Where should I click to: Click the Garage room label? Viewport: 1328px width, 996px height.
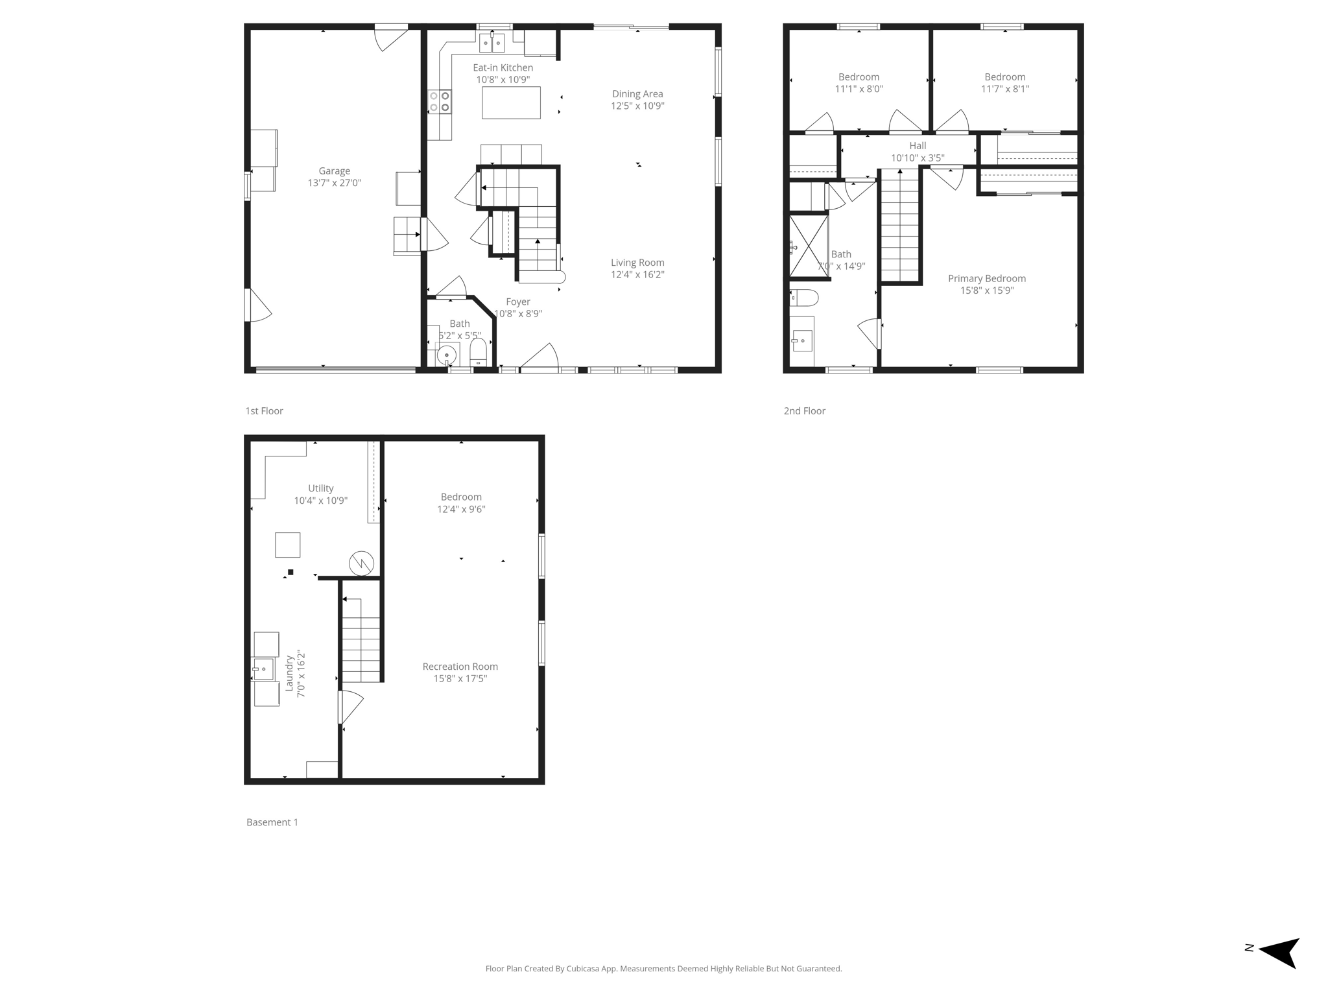point(334,171)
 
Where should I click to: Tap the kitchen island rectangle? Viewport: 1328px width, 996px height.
point(511,102)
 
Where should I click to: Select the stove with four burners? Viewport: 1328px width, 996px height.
point(440,102)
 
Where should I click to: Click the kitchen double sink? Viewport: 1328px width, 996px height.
point(492,43)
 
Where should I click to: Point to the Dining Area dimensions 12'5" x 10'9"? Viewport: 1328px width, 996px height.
point(637,106)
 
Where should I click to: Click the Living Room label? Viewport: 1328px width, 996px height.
point(637,263)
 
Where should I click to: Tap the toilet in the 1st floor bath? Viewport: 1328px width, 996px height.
point(478,353)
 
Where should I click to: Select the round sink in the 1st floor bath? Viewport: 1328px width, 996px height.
point(447,355)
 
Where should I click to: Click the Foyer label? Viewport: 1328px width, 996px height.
point(517,302)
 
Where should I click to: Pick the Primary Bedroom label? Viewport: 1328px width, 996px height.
point(986,279)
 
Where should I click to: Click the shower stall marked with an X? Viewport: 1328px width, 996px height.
point(809,246)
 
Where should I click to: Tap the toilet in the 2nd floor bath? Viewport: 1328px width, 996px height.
point(804,298)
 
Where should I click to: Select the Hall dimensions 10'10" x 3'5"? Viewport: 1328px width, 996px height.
point(917,158)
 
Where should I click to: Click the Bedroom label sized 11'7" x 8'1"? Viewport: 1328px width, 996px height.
point(1004,77)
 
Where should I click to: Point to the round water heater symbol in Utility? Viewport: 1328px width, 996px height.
point(361,563)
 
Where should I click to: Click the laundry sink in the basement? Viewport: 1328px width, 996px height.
point(263,669)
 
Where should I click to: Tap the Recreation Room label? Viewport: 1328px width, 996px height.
point(460,667)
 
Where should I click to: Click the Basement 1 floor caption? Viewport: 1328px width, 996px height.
point(272,822)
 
